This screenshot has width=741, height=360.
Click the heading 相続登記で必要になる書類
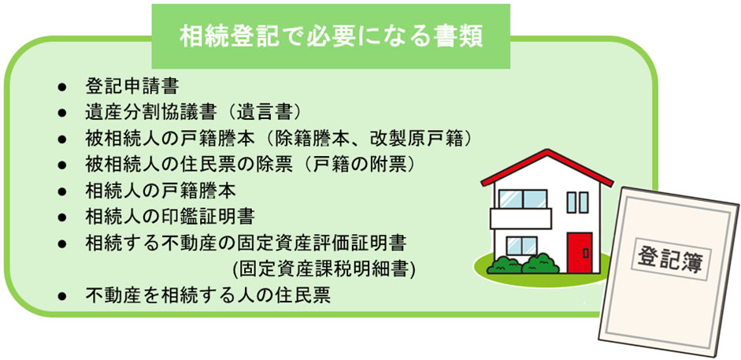point(330,35)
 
